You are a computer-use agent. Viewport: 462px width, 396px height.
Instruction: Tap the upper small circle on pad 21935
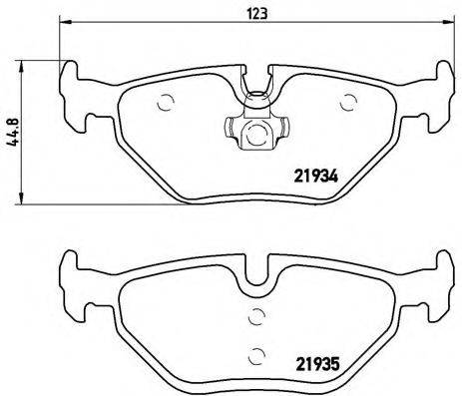(255, 317)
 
